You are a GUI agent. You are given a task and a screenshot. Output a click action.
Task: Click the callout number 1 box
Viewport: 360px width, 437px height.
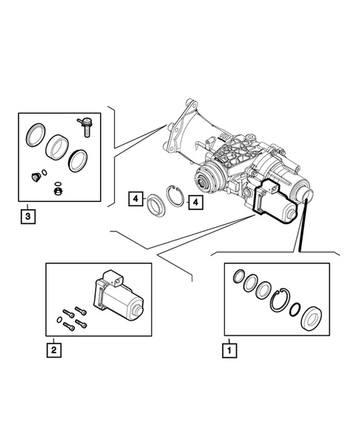(229, 347)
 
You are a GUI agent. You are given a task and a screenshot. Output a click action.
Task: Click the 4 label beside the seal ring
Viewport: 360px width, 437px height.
(136, 198)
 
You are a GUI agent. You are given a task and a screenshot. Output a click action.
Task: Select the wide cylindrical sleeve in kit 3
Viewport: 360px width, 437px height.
(57, 146)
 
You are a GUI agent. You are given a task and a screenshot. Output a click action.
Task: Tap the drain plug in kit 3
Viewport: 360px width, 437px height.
(35, 176)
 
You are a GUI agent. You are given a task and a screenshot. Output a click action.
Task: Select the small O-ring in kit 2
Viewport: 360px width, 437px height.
(59, 320)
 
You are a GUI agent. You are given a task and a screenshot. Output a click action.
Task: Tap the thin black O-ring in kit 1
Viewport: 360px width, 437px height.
(295, 309)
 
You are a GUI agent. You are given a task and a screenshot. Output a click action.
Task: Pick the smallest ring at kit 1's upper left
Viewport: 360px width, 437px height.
(238, 278)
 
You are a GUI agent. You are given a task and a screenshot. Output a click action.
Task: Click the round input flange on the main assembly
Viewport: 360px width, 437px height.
(205, 179)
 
